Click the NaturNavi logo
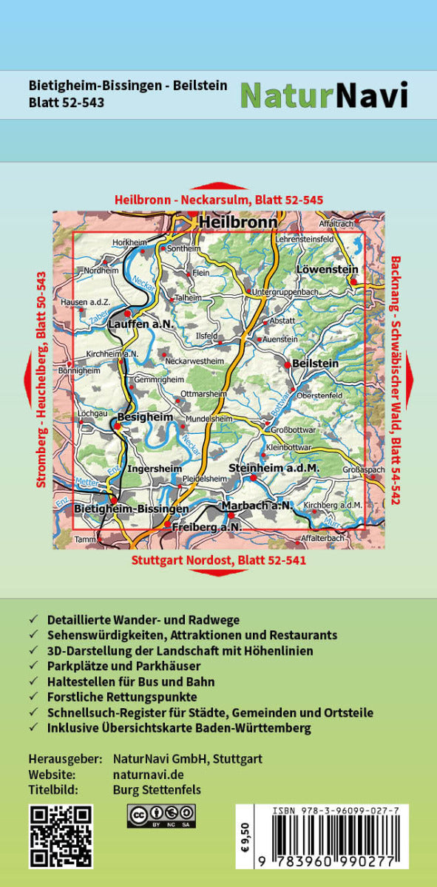coord(324,95)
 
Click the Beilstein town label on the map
coord(316,364)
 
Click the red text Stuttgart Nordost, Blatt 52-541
coord(219,560)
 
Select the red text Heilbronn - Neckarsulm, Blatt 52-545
coord(219,200)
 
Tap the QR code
coord(61,836)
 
